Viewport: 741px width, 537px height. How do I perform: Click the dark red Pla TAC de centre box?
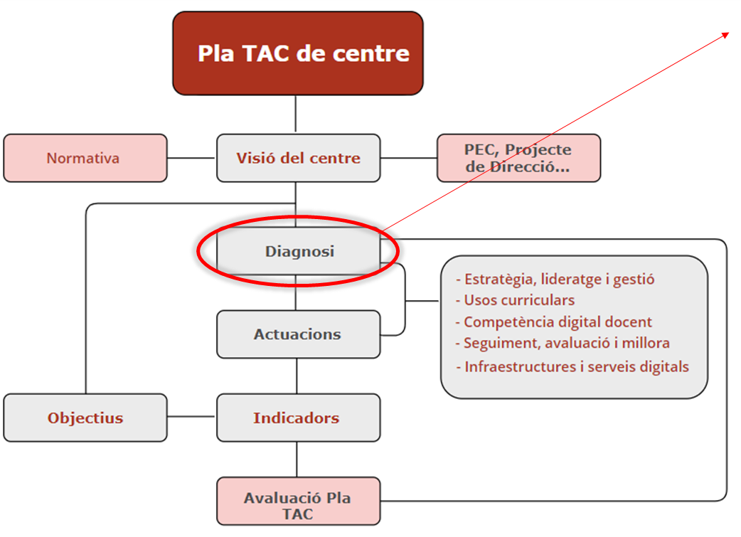298,53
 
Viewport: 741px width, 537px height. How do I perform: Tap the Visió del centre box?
298,158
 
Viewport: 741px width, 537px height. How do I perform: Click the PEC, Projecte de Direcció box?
518,158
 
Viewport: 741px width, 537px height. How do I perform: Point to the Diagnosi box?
299,251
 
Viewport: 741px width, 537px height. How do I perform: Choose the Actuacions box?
298,334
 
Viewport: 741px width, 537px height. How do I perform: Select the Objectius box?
85,418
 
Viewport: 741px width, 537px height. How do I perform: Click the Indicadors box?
298,418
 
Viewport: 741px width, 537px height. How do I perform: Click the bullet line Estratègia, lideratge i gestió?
555,279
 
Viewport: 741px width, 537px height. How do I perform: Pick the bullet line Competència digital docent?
554,322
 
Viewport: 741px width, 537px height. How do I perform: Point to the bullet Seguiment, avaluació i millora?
563,343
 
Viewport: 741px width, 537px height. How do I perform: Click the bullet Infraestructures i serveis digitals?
572,367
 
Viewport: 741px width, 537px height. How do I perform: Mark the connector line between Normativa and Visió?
192,158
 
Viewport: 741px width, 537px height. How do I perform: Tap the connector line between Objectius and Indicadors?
192,418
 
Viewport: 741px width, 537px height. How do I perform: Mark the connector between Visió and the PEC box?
409,158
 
